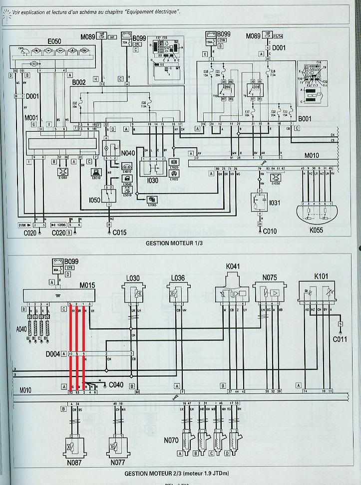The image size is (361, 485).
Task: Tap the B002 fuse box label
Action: pos(80,81)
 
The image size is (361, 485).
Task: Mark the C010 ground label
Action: pos(270,232)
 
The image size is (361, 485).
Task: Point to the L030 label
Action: pos(133,277)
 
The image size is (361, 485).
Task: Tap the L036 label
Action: pos(178,277)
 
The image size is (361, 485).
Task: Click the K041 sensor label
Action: pos(233,267)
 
